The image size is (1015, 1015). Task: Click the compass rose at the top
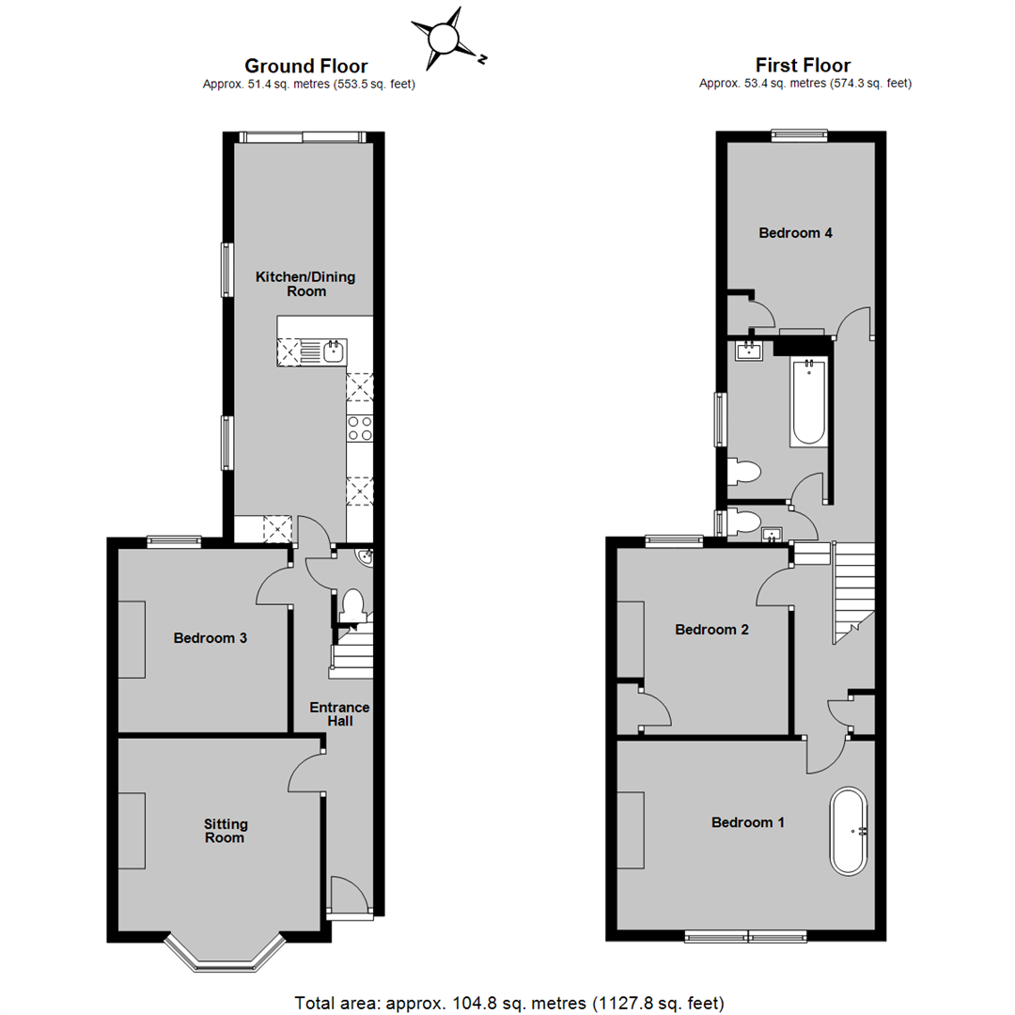[x=445, y=39]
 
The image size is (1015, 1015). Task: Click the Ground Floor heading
[x=305, y=66]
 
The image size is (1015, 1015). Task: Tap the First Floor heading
[x=803, y=66]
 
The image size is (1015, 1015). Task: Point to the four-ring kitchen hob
[x=360, y=429]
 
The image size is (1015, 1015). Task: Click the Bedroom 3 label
[x=211, y=638]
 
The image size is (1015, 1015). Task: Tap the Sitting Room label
[x=226, y=830]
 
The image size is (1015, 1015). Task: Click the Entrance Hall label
[x=341, y=714]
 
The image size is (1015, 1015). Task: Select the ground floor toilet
[x=352, y=604]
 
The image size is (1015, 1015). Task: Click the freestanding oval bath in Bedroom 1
[x=850, y=831]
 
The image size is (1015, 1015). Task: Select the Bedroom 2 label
[x=712, y=630]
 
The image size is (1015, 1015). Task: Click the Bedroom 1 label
[x=748, y=822]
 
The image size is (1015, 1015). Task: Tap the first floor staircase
[x=851, y=592]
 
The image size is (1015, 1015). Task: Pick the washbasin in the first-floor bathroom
[x=750, y=352]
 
